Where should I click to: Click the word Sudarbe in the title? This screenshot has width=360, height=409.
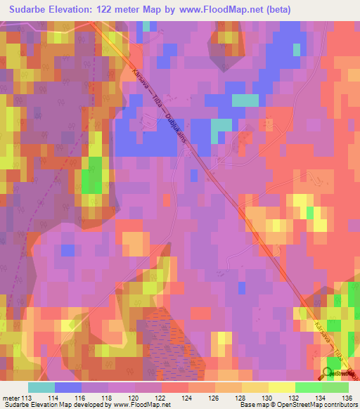[32, 10]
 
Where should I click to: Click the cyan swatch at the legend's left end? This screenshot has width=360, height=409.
[41, 387]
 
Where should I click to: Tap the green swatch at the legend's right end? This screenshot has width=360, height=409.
[335, 387]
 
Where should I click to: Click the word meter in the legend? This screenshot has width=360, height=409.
[12, 398]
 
